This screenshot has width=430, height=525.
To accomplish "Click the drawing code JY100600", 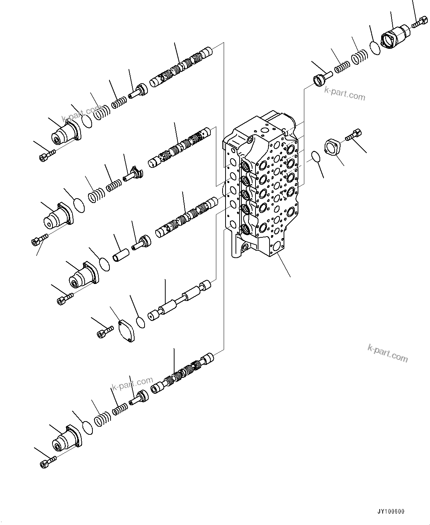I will [391, 512].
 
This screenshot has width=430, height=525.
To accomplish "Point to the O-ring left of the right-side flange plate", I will [315, 156].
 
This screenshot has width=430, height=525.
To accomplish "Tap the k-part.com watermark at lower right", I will [387, 353].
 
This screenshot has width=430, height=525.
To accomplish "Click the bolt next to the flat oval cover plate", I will [105, 331].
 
